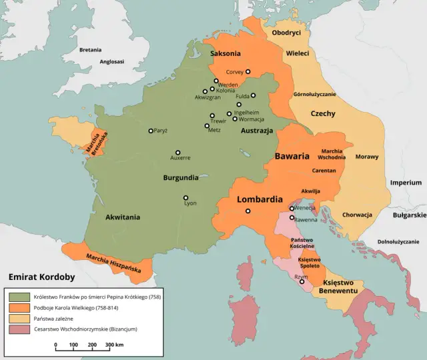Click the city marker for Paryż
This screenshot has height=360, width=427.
point(151,131)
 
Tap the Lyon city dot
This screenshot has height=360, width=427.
point(186,198)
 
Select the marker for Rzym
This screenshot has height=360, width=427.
point(302,281)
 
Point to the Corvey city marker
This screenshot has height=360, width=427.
point(248,71)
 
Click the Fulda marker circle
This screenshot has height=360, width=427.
point(254,95)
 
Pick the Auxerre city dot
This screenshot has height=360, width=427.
point(177,152)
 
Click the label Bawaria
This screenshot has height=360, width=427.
point(292,157)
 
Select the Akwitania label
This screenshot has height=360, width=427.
point(123,217)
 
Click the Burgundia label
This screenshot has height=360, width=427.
point(180,178)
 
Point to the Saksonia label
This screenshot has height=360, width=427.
point(226,53)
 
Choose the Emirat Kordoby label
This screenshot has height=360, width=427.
point(41,276)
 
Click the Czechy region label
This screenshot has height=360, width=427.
point(322,114)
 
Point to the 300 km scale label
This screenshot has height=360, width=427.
point(114,345)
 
